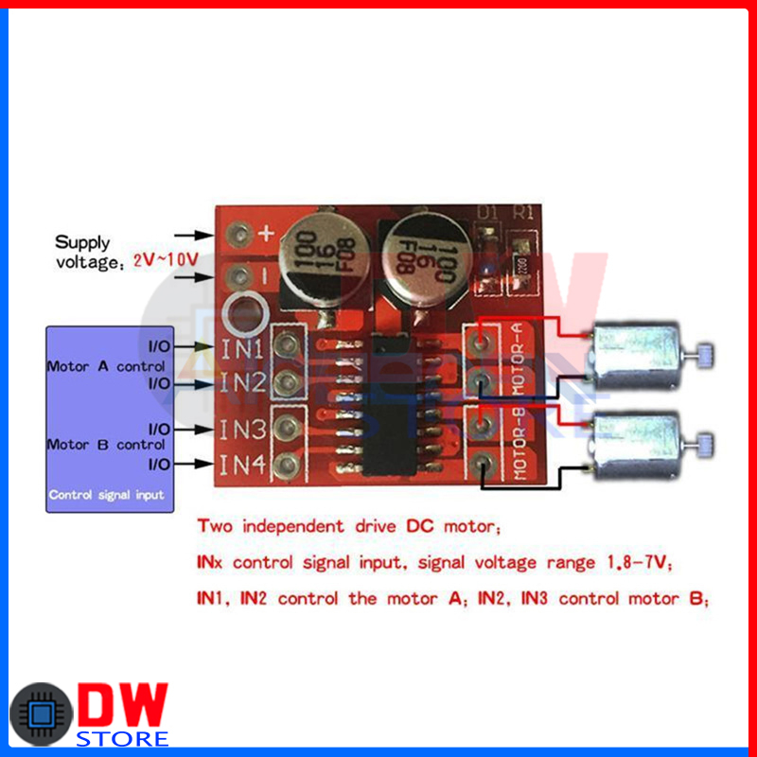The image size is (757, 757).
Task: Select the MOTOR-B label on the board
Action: [518, 446]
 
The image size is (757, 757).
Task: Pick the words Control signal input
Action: [106, 495]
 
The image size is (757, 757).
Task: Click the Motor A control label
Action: [106, 365]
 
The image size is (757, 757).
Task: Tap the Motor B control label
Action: [106, 444]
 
